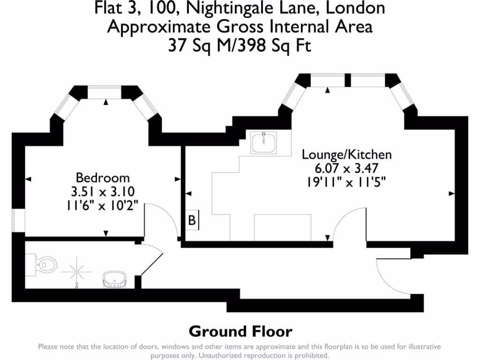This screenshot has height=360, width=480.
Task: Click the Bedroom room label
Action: point(103,178)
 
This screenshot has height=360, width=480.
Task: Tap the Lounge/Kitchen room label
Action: point(346,154)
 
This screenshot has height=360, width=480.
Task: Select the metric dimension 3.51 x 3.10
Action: point(103,192)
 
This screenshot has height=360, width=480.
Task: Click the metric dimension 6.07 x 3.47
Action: point(346,168)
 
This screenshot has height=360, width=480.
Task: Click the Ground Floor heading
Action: point(240,331)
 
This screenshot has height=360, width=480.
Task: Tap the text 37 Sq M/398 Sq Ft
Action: point(240,45)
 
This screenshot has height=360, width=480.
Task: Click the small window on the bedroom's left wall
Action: point(18,221)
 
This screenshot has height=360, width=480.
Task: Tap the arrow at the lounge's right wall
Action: point(452,193)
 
